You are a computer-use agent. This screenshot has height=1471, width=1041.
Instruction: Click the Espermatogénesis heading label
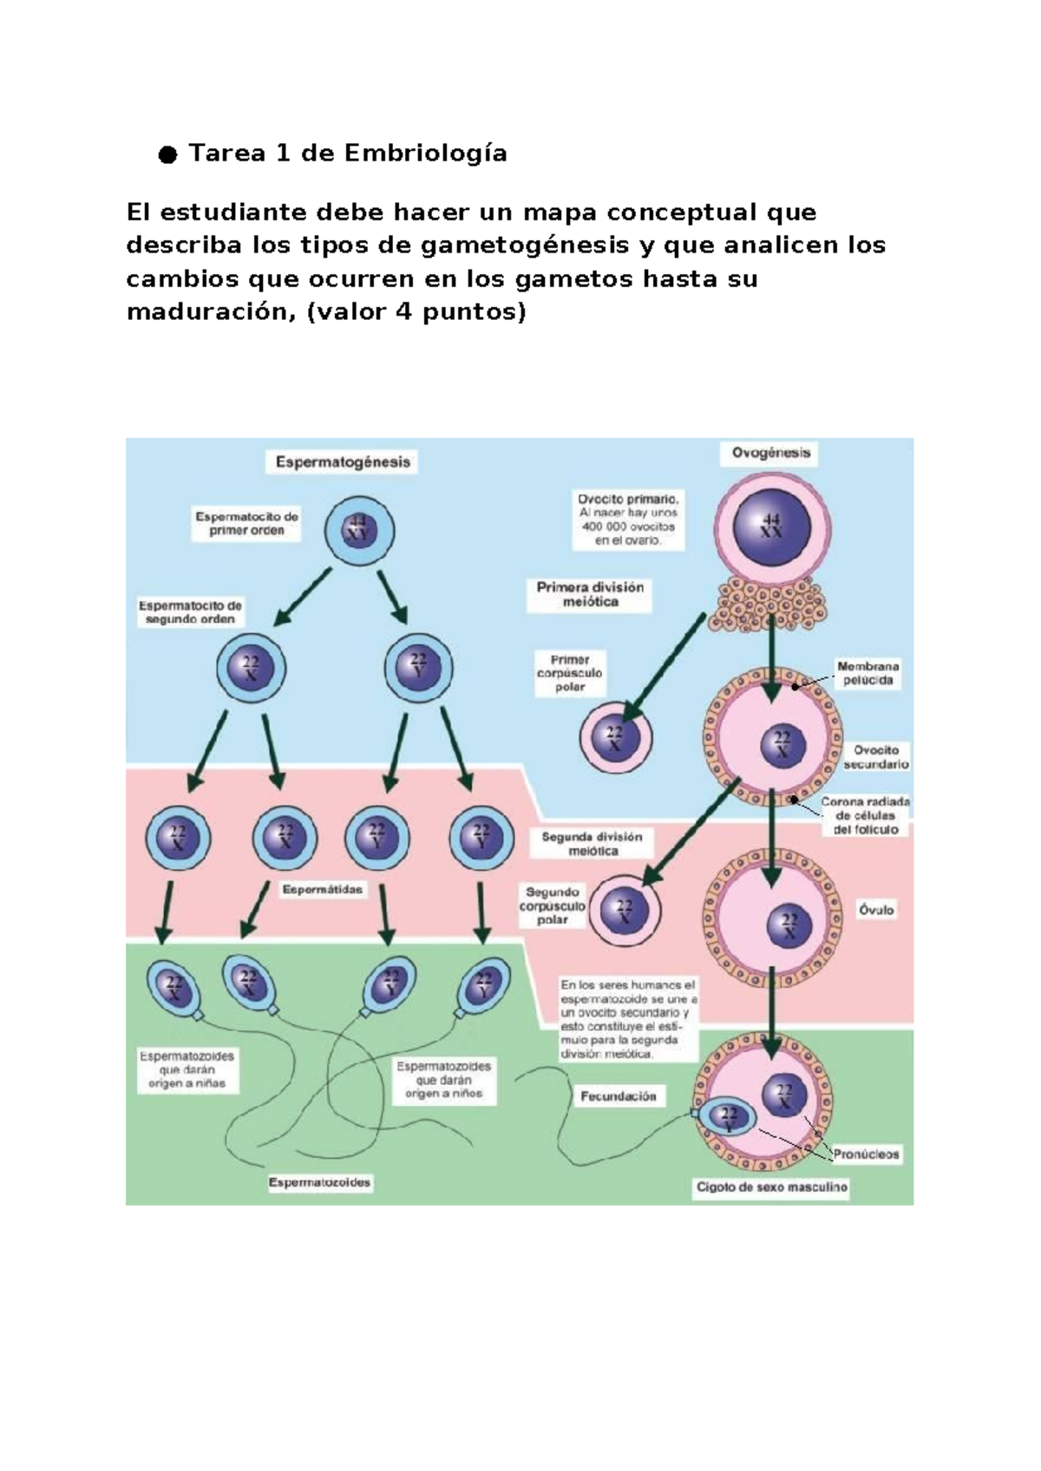coord(342,462)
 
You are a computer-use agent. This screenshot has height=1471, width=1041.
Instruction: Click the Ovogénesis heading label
coord(770,453)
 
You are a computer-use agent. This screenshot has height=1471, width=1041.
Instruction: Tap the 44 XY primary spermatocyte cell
coord(358,530)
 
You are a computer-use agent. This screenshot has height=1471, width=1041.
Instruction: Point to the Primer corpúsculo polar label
coord(570,673)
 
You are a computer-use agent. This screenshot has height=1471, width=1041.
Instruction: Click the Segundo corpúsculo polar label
coord(553,905)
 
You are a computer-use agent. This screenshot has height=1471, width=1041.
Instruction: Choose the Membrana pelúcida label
coord(867,673)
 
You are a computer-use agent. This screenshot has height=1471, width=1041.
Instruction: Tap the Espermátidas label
coord(322,890)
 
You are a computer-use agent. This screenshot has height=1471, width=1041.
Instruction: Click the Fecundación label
coord(618,1096)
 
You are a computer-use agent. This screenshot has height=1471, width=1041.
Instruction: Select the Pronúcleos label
coord(866,1154)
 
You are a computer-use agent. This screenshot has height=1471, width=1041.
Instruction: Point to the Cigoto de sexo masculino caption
coord(771,1187)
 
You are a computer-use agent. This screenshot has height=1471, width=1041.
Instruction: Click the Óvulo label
coord(875,910)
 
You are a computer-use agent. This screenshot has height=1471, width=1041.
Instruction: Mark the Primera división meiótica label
coord(590,594)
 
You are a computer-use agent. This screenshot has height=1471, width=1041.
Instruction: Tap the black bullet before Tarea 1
coord(167,155)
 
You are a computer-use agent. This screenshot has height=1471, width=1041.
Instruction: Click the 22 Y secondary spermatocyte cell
coord(418,668)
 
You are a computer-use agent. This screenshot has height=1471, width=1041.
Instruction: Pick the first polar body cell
coord(615,738)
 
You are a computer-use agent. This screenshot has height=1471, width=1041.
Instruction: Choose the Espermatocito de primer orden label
coord(246,523)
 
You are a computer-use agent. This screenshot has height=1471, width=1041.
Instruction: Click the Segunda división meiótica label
coord(593,844)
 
